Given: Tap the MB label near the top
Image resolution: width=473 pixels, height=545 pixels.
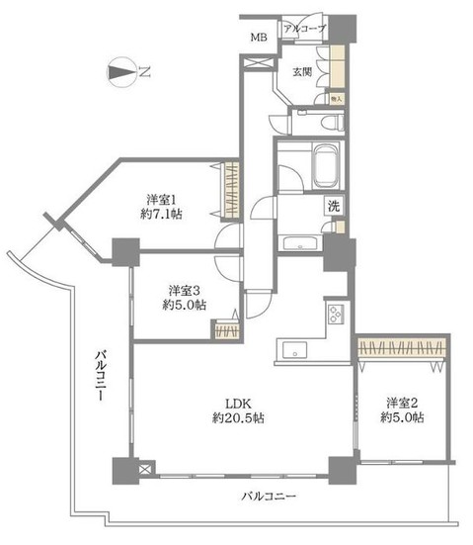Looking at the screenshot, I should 258,38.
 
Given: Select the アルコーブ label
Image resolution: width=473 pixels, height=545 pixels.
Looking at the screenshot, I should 304,30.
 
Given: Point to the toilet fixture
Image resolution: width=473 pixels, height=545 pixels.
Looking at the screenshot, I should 329,122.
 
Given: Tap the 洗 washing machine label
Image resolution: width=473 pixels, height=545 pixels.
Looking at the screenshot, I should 335,209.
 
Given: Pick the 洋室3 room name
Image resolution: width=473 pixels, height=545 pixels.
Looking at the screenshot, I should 186,290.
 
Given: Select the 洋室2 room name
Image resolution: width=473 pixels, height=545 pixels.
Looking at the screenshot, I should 404,402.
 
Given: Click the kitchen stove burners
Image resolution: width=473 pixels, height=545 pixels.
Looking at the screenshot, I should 333,317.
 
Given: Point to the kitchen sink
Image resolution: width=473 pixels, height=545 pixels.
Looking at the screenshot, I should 293,349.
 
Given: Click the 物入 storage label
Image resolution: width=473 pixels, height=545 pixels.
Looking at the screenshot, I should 336,99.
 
